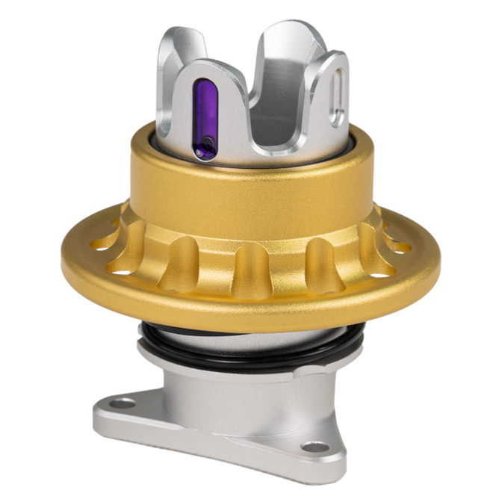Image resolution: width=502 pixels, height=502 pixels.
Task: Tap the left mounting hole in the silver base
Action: click(x=123, y=403)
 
